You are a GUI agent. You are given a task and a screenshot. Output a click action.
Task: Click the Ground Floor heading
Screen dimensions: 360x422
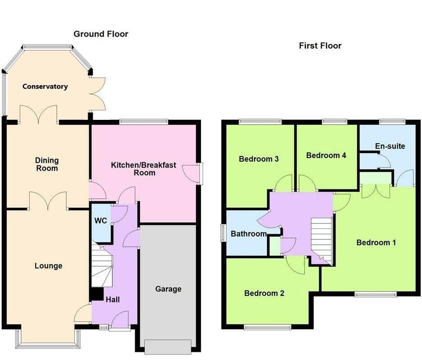click(x=101, y=34)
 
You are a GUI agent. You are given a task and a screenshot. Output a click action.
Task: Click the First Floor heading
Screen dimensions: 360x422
click(x=320, y=46)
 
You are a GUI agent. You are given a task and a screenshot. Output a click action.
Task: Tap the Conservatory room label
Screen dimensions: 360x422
click(x=45, y=87)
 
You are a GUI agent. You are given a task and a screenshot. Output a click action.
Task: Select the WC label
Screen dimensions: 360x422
click(x=100, y=221)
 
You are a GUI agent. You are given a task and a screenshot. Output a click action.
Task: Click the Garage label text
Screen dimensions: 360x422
click(x=168, y=289)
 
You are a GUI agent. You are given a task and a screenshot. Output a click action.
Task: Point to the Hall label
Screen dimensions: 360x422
click(x=113, y=299)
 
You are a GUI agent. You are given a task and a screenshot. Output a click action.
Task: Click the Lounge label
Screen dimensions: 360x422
click(x=48, y=266)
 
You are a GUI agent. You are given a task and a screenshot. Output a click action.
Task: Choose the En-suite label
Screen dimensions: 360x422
click(x=390, y=146)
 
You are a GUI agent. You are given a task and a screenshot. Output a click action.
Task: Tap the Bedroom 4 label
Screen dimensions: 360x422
click(x=326, y=155)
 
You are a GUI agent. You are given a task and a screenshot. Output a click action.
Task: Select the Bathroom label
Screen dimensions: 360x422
click(x=249, y=234)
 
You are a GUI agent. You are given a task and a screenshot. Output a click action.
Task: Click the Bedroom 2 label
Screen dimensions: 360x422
click(x=264, y=293)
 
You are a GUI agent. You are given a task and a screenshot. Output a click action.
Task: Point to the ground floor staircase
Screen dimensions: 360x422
click(x=101, y=266)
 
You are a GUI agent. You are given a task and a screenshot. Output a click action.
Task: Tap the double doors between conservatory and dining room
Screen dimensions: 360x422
click(x=38, y=115)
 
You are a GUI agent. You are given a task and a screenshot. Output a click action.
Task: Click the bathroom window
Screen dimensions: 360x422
click(x=222, y=233)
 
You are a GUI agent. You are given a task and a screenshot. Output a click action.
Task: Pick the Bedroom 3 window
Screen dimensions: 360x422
click(x=260, y=121)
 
